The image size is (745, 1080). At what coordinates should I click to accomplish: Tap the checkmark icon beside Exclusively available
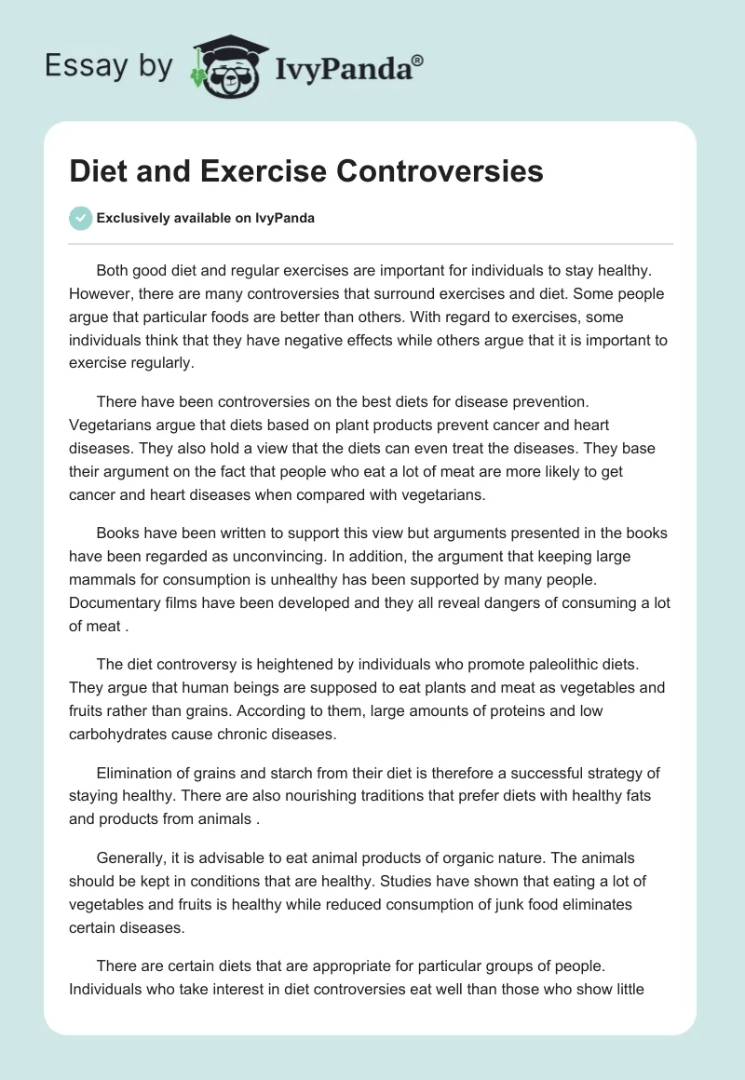click(81, 218)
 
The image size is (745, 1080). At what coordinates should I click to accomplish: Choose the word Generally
click(129, 857)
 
